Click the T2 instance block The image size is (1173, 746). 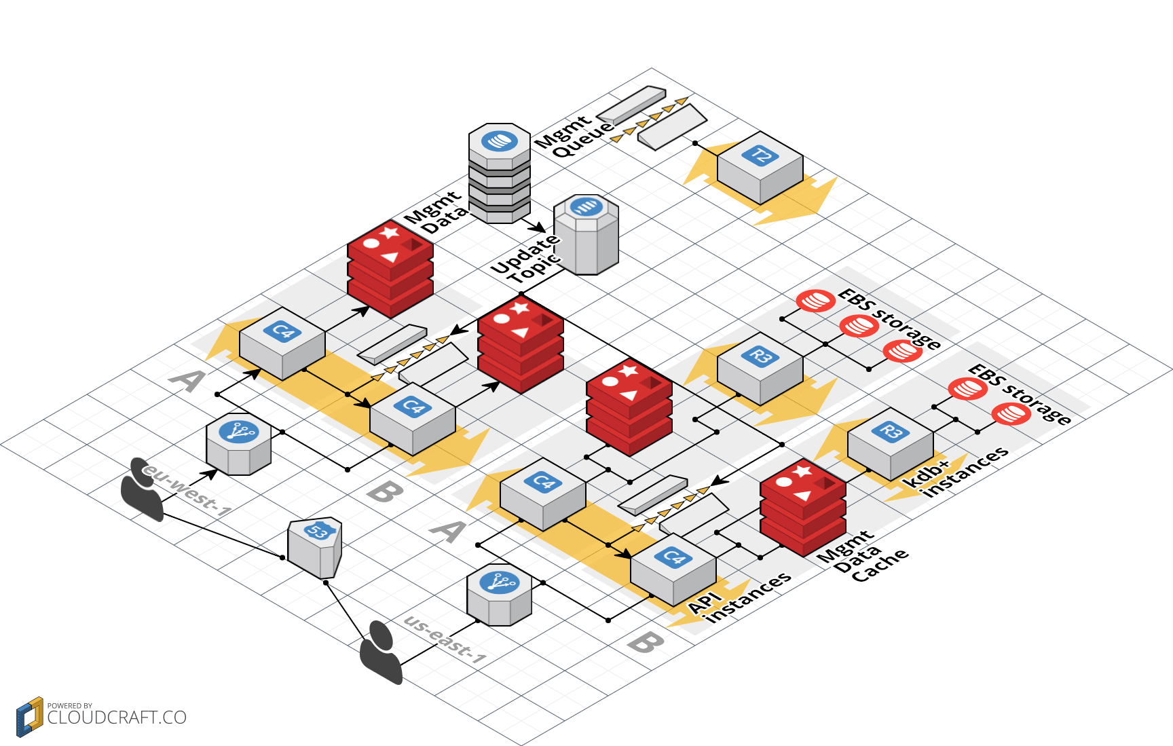(x=760, y=168)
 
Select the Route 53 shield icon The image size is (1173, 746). (x=315, y=546)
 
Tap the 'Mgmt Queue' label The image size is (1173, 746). (x=574, y=136)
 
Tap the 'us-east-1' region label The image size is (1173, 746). (x=445, y=639)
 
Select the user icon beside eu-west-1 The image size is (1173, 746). (x=142, y=489)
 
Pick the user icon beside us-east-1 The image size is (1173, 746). (x=381, y=652)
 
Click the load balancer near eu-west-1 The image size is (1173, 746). (x=239, y=445)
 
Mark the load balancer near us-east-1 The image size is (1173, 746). (x=499, y=595)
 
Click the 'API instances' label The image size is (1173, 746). (x=740, y=597)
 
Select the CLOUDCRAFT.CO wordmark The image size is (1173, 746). (x=117, y=718)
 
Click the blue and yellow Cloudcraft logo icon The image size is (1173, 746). (x=29, y=717)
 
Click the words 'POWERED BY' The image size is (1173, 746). (x=70, y=706)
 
